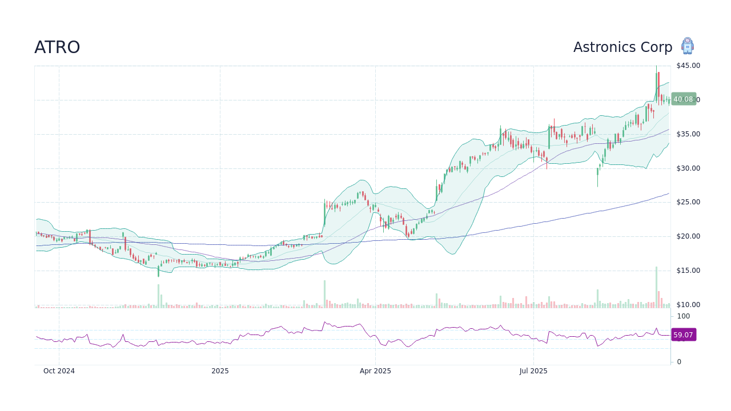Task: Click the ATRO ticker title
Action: (x=57, y=47)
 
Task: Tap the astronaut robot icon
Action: (x=687, y=46)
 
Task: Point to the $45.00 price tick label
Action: (x=688, y=66)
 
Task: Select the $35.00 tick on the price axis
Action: (x=688, y=134)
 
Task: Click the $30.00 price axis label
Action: (x=688, y=168)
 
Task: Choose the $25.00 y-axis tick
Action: (x=688, y=202)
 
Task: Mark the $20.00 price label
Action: (x=688, y=236)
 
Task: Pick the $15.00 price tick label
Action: (x=688, y=271)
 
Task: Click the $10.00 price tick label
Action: (x=688, y=305)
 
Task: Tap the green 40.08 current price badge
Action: (x=683, y=99)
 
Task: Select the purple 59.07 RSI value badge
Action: (x=683, y=335)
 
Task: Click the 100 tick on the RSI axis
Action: (x=683, y=316)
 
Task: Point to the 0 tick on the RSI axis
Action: (x=679, y=362)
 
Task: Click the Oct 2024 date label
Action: (x=59, y=371)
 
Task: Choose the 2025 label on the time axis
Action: (x=220, y=371)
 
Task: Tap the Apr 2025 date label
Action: (x=375, y=371)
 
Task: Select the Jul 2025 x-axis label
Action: (x=533, y=371)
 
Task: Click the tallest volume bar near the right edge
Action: (x=656, y=287)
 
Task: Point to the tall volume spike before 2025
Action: (x=158, y=296)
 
